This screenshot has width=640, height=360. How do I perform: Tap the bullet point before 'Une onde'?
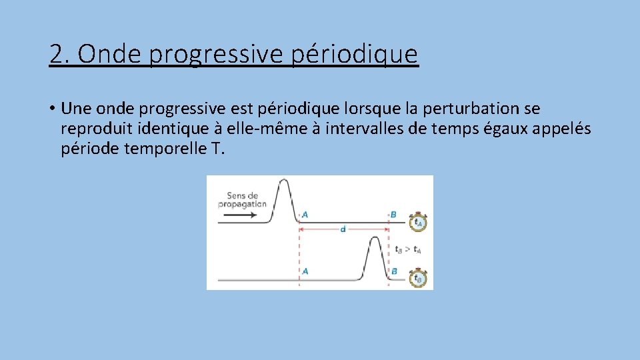coord(51,109)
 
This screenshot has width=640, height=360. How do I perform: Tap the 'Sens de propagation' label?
coord(243,200)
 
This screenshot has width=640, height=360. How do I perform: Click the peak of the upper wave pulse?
coord(283,181)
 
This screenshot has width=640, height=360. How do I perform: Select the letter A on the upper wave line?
coord(305,215)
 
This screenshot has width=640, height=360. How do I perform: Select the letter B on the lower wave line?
coord(394,271)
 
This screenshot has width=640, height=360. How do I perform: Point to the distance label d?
coord(343,229)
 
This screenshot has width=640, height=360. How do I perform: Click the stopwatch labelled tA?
coord(418,222)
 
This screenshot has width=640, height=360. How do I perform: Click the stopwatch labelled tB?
coord(418,278)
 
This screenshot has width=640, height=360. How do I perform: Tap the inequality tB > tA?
coord(408,250)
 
